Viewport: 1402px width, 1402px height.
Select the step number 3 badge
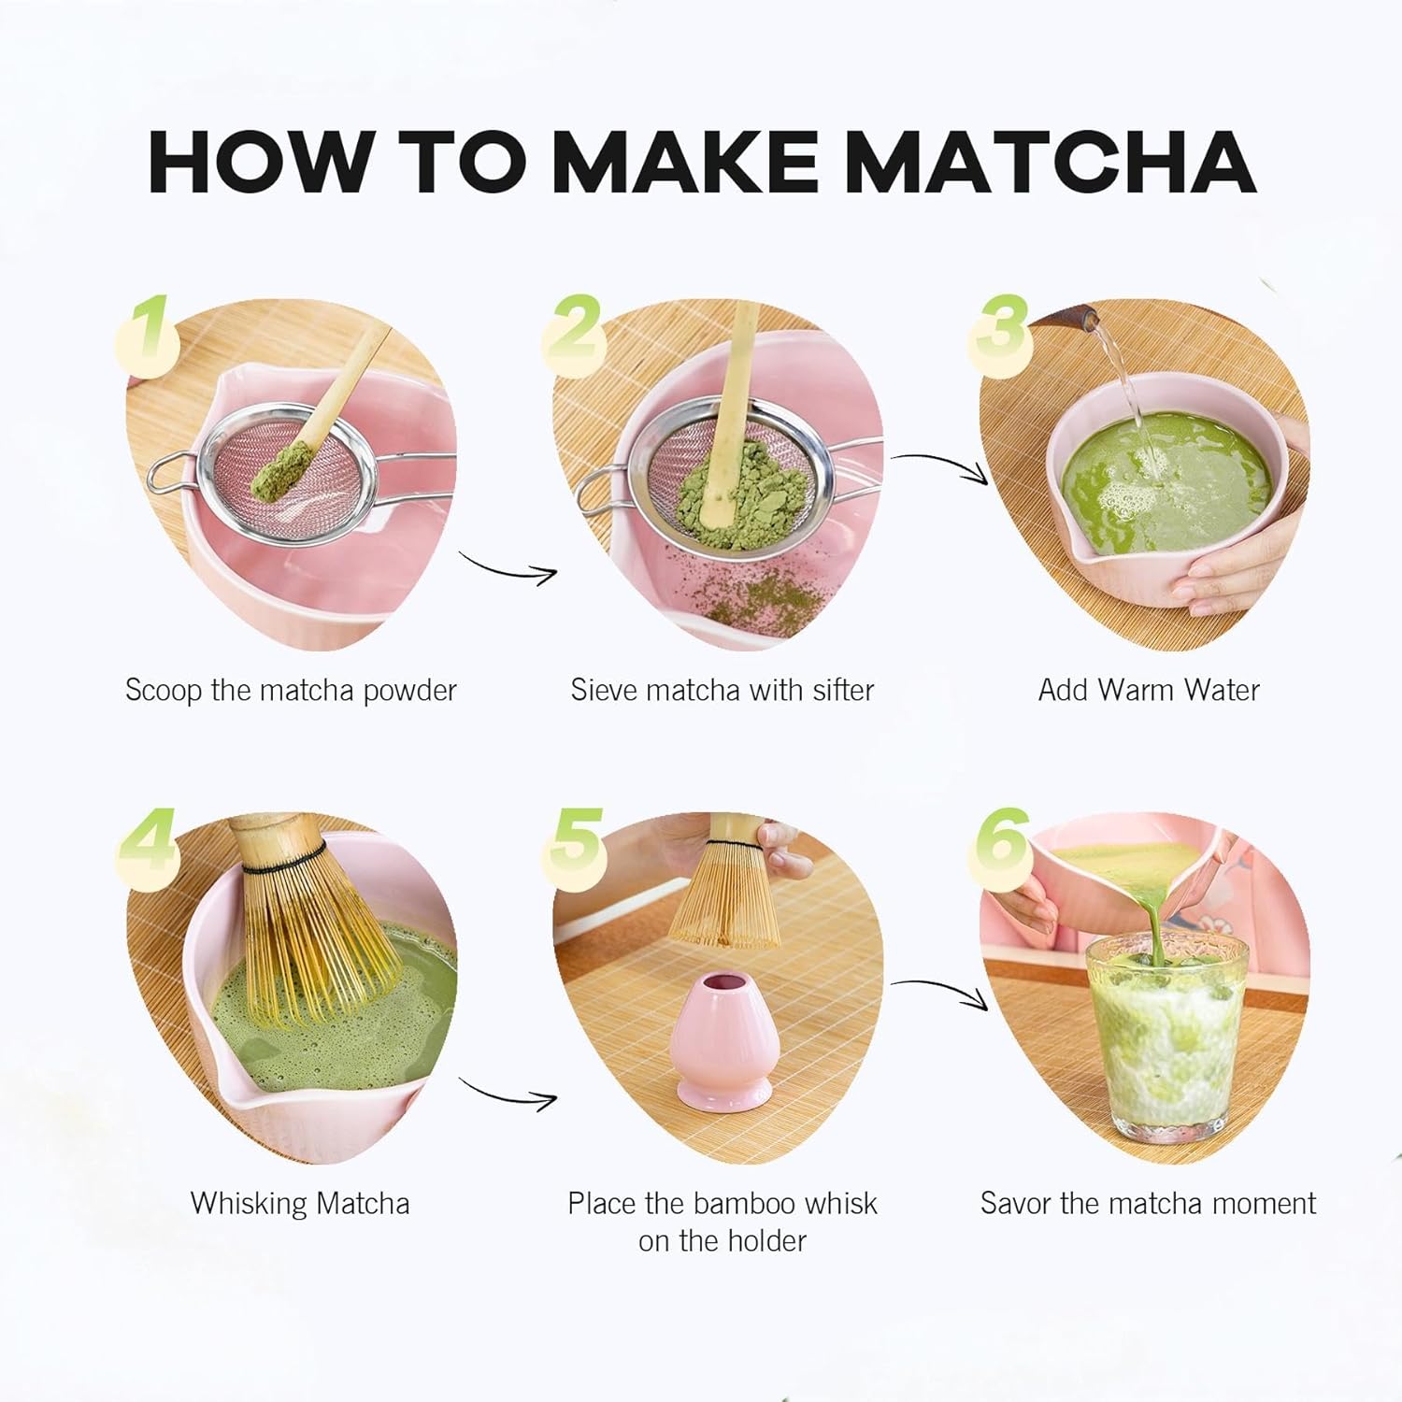(x=1002, y=330)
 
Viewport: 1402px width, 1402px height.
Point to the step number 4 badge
(x=148, y=842)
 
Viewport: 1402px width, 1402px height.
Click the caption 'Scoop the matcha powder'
(x=291, y=691)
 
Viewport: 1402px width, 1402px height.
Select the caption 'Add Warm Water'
(x=1148, y=691)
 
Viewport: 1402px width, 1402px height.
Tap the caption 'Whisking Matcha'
(x=300, y=1203)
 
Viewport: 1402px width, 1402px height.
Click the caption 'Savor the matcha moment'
(x=1148, y=1203)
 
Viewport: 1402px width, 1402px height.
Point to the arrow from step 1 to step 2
(x=508, y=567)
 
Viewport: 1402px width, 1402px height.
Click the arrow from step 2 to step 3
(x=939, y=466)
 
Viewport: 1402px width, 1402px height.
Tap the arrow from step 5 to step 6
(x=939, y=993)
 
